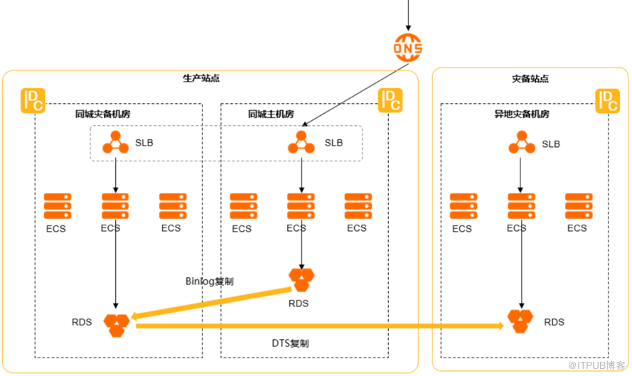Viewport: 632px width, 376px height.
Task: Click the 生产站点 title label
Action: (x=201, y=78)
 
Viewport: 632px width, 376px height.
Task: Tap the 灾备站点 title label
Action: (x=530, y=79)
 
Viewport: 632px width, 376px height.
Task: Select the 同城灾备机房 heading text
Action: (x=103, y=114)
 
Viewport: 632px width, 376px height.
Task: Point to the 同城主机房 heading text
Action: (x=271, y=114)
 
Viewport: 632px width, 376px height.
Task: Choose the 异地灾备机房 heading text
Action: (x=522, y=114)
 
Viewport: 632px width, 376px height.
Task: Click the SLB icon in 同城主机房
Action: (x=301, y=142)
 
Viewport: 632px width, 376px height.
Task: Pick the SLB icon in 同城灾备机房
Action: (x=116, y=142)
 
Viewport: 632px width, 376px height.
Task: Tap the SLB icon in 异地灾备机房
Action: (x=522, y=144)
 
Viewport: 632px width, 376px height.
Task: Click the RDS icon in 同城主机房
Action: (x=301, y=279)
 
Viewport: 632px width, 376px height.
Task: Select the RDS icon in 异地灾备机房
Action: (x=522, y=321)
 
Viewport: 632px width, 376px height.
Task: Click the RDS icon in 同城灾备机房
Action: (x=117, y=324)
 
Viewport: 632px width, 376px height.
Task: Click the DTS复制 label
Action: (x=290, y=343)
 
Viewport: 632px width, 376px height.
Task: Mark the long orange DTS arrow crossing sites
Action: (x=320, y=326)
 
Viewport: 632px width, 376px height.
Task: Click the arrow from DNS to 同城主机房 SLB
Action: (x=355, y=95)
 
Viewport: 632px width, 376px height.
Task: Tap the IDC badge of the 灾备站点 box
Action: (x=607, y=100)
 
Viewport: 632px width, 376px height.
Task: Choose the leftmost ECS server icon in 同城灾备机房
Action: (x=58, y=206)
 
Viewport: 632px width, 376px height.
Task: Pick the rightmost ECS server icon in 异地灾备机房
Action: (x=579, y=206)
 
